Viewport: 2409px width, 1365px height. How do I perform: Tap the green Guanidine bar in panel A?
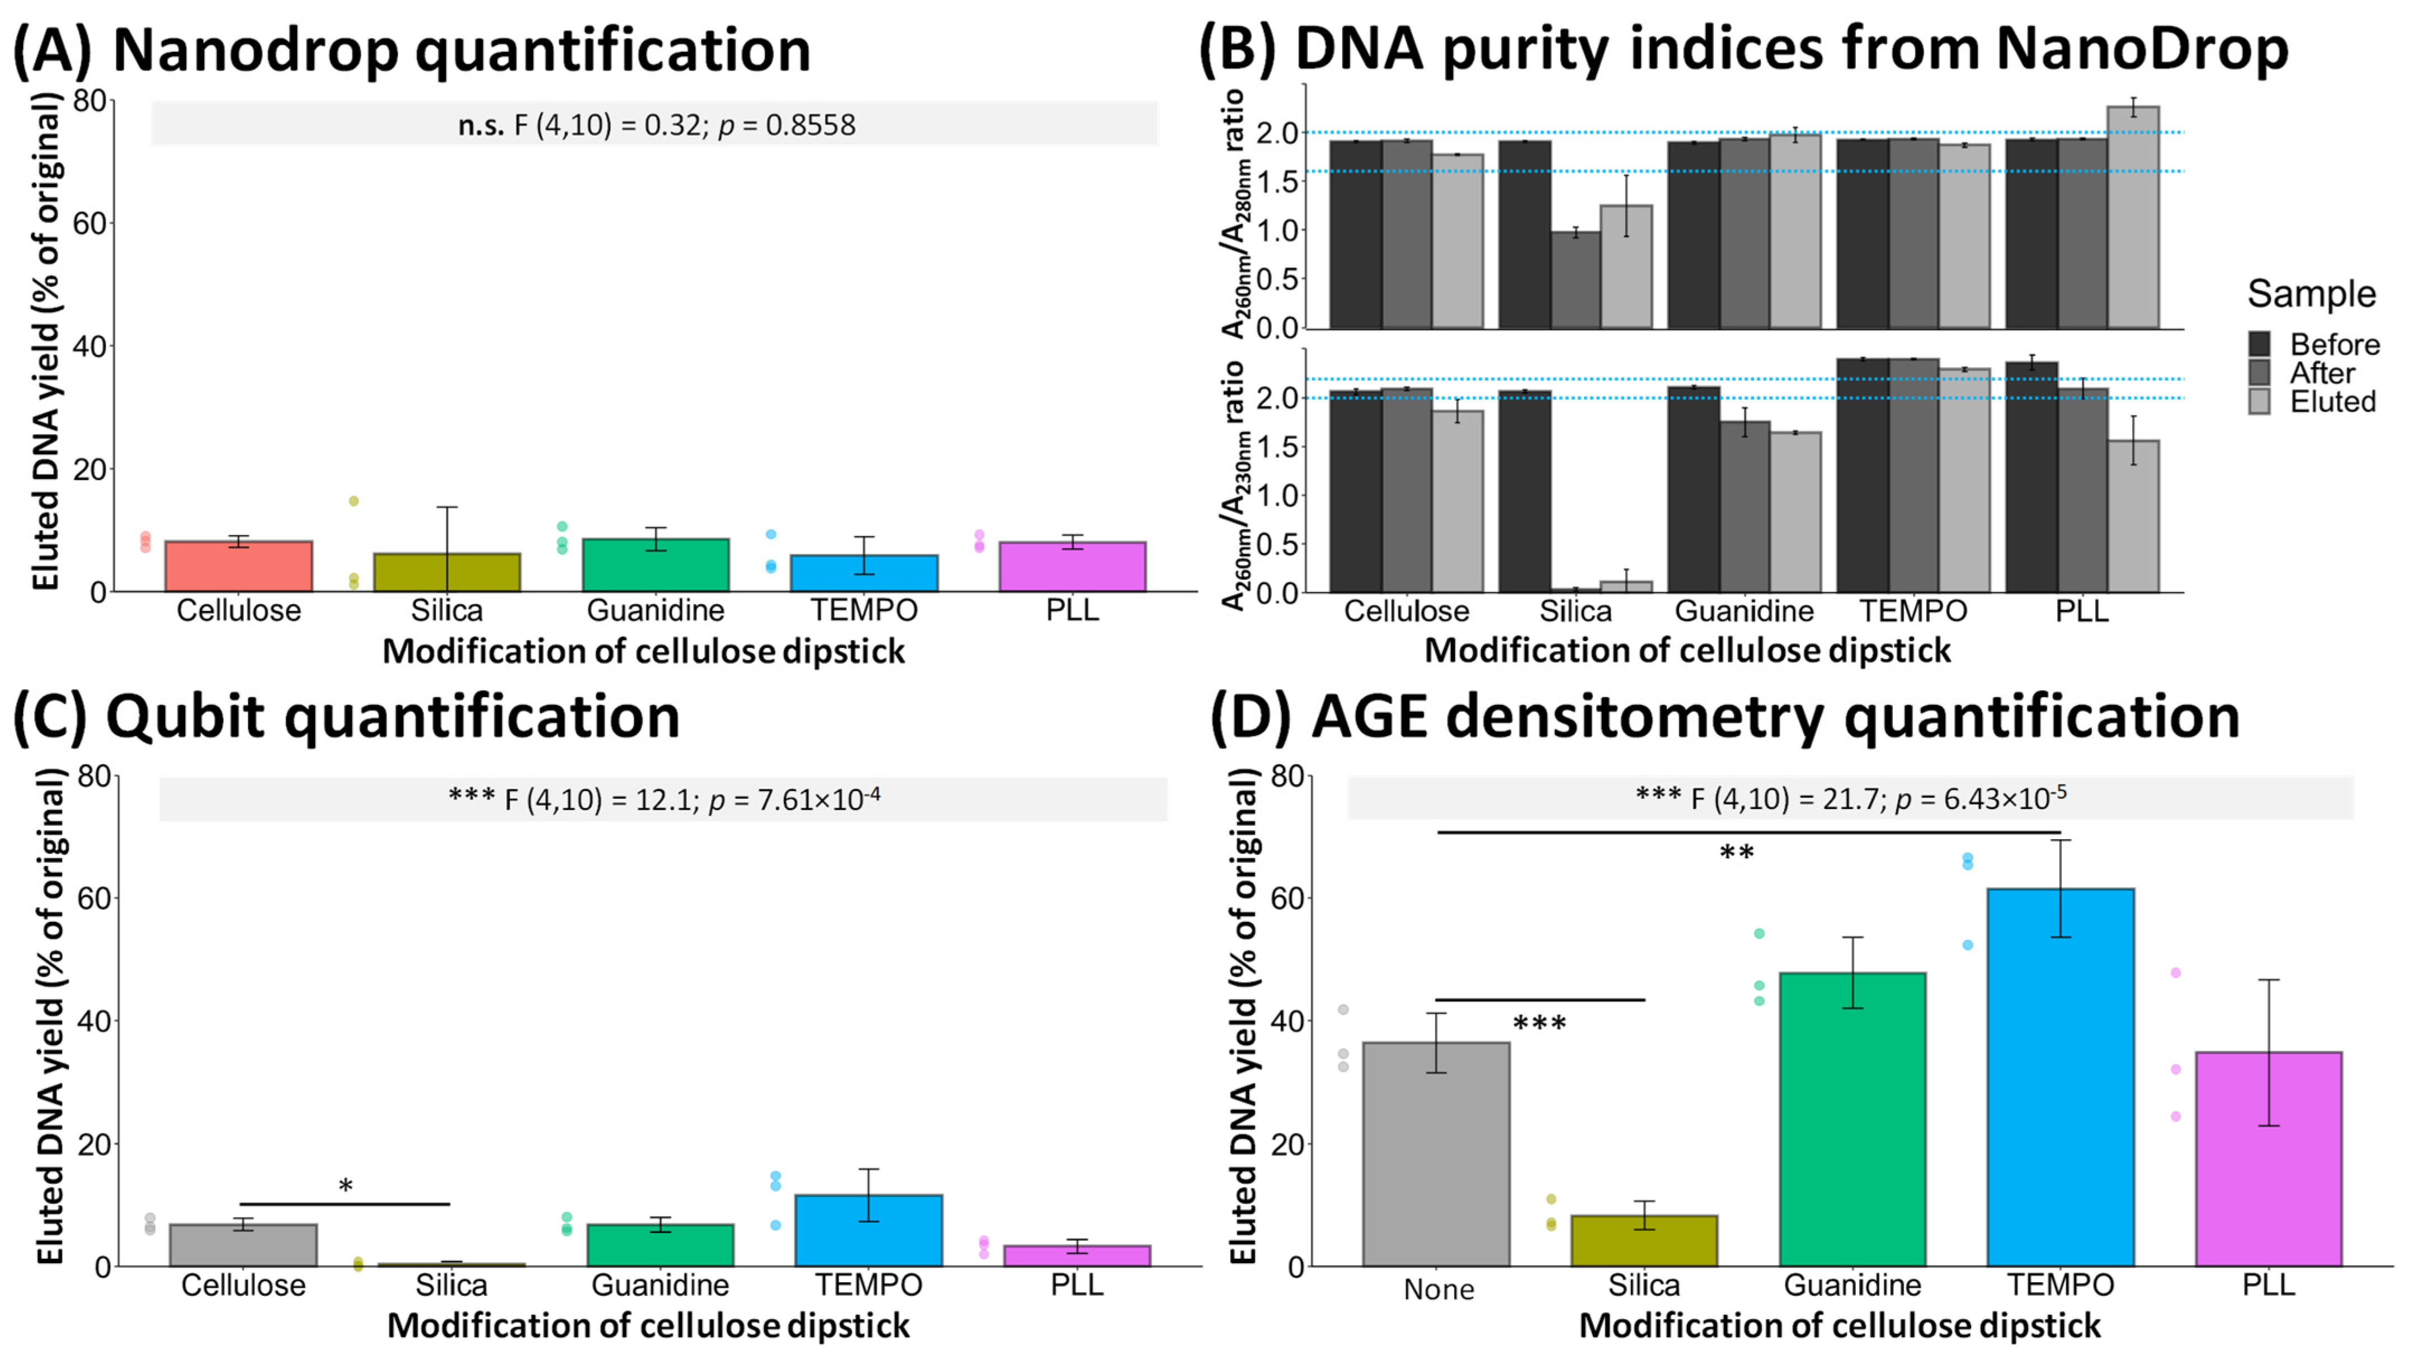pos(655,566)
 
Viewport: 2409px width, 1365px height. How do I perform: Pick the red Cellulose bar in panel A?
pos(238,566)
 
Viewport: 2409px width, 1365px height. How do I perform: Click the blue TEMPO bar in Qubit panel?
pos(868,1230)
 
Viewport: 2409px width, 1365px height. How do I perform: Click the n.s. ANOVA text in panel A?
pos(656,125)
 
